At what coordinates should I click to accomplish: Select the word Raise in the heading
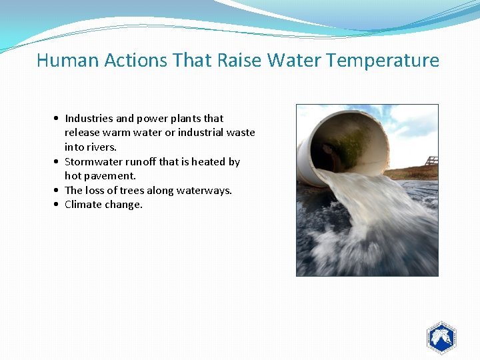coord(240,61)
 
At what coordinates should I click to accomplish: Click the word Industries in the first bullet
coord(89,119)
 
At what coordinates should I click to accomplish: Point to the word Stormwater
coord(93,162)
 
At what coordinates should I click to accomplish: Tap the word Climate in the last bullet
coord(82,205)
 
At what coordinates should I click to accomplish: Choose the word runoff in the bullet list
coord(141,162)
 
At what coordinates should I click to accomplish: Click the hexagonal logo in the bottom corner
coord(441,338)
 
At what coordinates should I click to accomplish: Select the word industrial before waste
coord(200,133)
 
